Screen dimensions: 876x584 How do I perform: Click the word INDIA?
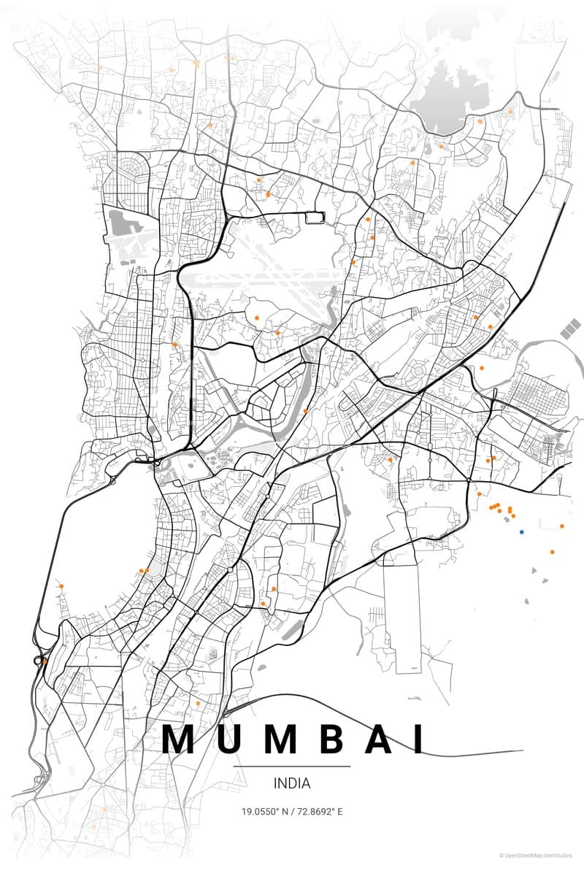pyautogui.click(x=292, y=783)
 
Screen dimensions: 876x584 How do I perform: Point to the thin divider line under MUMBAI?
pyautogui.click(x=292, y=766)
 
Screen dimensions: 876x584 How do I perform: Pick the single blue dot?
pyautogui.click(x=521, y=532)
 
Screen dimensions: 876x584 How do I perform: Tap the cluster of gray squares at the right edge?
pyautogui.click(x=572, y=328)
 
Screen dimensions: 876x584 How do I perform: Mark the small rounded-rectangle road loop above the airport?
pyautogui.click(x=315, y=217)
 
